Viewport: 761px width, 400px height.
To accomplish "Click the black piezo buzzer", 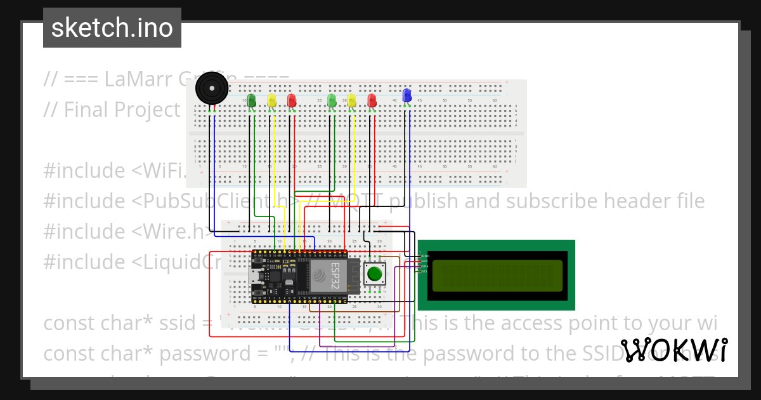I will pyautogui.click(x=211, y=88).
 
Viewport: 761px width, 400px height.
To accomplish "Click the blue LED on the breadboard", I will pyautogui.click(x=407, y=96).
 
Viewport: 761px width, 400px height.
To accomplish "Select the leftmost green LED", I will pyautogui.click(x=251, y=100).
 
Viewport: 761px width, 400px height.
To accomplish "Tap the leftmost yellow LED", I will pyautogui.click(x=271, y=100).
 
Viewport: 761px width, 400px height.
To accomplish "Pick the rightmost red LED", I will pyautogui.click(x=372, y=100).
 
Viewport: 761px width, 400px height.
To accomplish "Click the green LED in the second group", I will pyautogui.click(x=331, y=100).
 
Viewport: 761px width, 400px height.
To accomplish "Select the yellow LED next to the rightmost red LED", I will pyautogui.click(x=351, y=100).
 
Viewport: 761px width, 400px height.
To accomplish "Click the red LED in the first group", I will pyautogui.click(x=292, y=100).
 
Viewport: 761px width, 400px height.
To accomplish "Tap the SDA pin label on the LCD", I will pyautogui.click(x=425, y=266).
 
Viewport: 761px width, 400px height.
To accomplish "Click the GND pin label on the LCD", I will pyautogui.click(x=425, y=255).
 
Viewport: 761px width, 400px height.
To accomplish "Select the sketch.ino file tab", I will pyautogui.click(x=112, y=28).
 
